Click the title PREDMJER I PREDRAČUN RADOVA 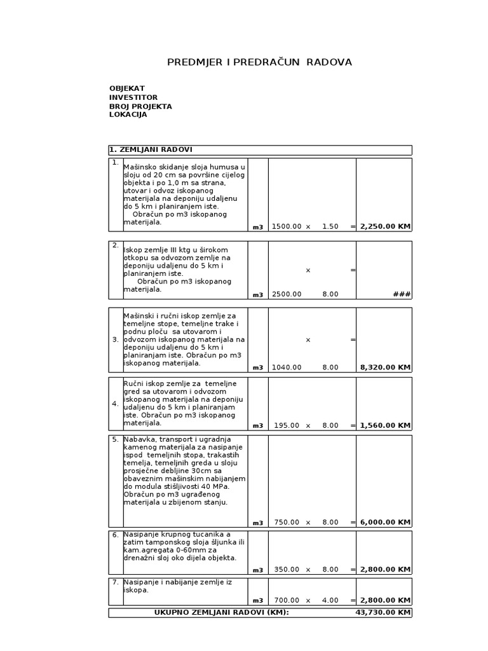tap(259, 62)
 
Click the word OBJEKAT tap(127, 88)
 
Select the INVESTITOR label tap(133, 97)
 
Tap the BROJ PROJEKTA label tap(140, 106)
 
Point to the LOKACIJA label tap(128, 114)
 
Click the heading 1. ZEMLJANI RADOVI tap(151, 150)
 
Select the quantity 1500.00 tap(287, 226)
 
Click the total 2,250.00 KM tap(385, 226)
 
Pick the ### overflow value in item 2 tap(402, 294)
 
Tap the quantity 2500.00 tap(287, 294)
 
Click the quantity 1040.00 tap(287, 367)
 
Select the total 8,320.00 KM tap(385, 367)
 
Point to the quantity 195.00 tap(288, 425)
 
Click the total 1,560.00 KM tap(385, 425)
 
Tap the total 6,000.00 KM tap(385, 523)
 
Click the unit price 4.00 tap(330, 600)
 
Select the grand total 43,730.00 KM tap(383, 613)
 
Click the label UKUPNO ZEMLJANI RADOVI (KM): tap(221, 613)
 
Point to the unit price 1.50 tap(330, 226)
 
